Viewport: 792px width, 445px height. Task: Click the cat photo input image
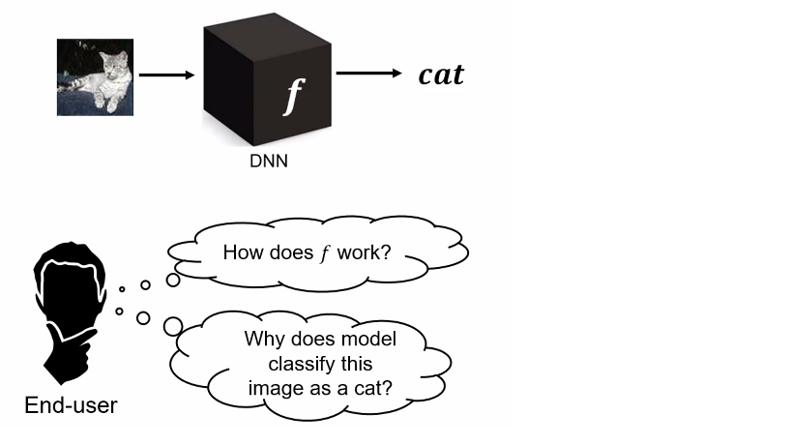coord(94,76)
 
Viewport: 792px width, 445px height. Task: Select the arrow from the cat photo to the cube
coord(166,74)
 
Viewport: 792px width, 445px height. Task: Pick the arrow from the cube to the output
coord(368,74)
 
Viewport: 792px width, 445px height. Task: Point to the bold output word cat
coord(441,74)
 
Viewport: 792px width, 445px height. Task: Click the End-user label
coord(71,405)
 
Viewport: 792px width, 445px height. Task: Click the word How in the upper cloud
coord(242,253)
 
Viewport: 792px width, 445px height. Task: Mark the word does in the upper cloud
coord(291,253)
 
